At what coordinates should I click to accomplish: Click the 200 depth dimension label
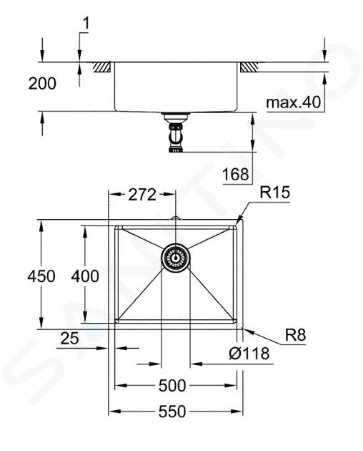42,84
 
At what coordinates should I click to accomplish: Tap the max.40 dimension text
293,102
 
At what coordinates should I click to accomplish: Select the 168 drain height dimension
236,174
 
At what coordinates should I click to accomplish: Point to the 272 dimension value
142,195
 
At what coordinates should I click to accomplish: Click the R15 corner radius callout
274,193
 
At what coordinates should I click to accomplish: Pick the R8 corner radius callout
296,334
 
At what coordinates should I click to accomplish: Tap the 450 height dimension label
41,276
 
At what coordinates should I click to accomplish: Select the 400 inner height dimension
85,276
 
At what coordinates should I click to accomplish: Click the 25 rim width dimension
69,338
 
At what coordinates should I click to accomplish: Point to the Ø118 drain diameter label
249,353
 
